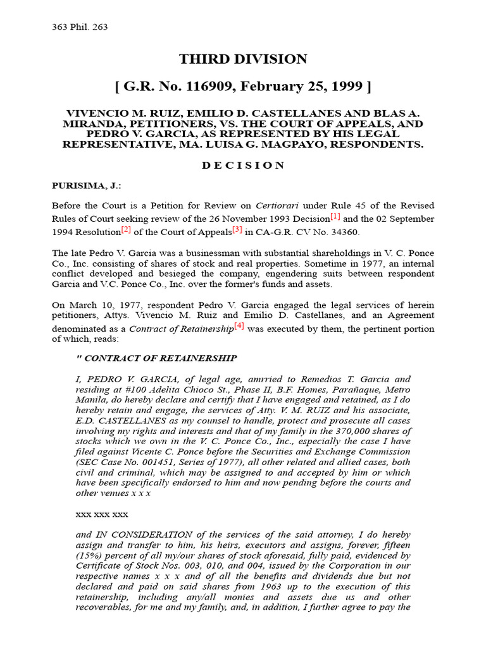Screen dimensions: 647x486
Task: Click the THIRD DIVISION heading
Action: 243,59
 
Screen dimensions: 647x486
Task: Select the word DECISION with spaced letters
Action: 243,166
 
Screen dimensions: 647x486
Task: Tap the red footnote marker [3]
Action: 237,229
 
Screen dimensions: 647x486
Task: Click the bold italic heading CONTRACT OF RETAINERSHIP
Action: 161,358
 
